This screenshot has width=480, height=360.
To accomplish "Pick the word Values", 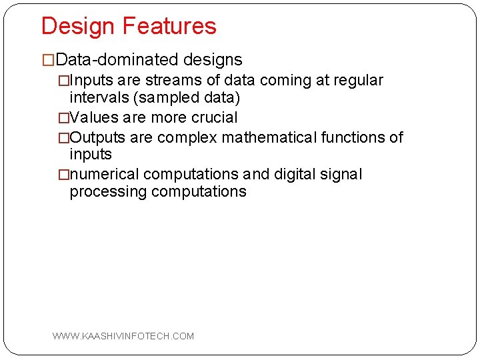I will click(x=93, y=118).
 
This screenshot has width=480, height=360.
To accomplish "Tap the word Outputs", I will click(x=97, y=138).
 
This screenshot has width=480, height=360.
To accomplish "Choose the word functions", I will click(x=355, y=138).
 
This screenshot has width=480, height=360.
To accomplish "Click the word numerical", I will click(x=104, y=175).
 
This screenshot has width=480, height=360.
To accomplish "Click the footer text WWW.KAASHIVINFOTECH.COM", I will click(x=123, y=336).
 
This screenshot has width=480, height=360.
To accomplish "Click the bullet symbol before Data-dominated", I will click(x=48, y=61).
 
